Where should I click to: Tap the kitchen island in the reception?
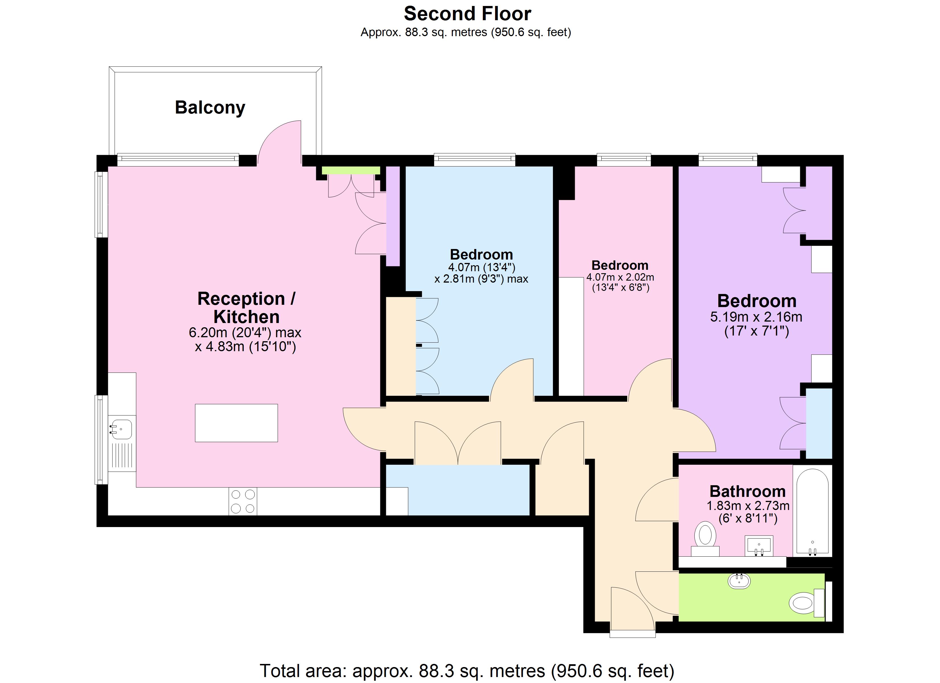pyautogui.click(x=236, y=423)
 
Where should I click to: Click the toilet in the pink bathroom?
pyautogui.click(x=705, y=535)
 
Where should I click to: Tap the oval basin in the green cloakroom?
pyautogui.click(x=739, y=581)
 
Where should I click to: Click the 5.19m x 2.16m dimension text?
pyautogui.click(x=756, y=317)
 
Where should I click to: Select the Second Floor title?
pyautogui.click(x=467, y=14)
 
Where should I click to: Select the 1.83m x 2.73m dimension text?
pyautogui.click(x=748, y=506)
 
